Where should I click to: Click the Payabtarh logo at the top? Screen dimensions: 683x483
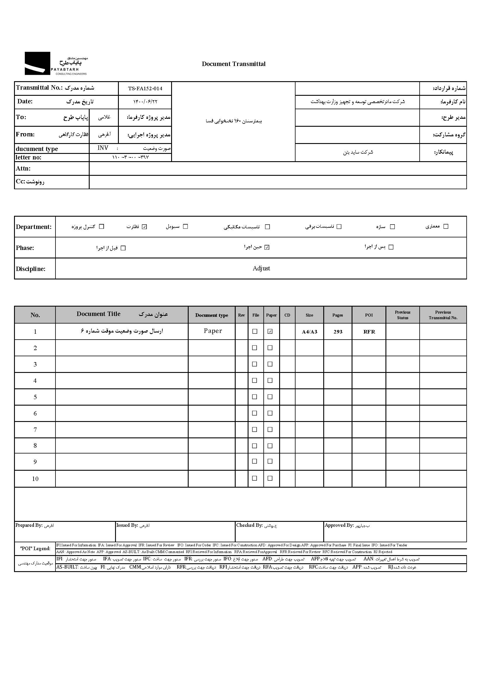coord(55,63)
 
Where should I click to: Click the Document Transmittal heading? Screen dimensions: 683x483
coord(234,64)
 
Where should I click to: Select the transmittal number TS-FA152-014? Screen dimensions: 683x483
coord(145,88)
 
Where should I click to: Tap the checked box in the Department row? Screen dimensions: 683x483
coord(145,227)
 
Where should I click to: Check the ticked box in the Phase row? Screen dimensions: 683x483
coord(267,247)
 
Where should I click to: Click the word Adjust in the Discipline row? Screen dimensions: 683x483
coord(261,268)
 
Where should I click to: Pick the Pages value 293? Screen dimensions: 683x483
coord(338,332)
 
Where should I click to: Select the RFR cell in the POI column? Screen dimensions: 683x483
coord(369,332)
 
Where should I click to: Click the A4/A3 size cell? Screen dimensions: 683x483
coord(309,332)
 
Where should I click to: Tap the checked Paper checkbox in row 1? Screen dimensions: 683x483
coord(270,331)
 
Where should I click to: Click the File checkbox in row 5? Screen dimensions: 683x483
coord(255,397)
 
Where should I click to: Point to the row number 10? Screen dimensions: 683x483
coord(35,479)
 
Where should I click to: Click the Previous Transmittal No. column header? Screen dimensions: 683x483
coord(443,315)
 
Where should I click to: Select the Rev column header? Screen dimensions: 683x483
coord(241,315)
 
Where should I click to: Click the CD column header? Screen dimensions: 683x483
coord(287,315)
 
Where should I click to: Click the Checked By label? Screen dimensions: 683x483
coord(249,525)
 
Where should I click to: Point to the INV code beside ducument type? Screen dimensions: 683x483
coord(103,148)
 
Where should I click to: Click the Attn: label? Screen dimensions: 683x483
coord(23,168)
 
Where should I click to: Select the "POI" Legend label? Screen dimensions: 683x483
coord(35,549)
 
